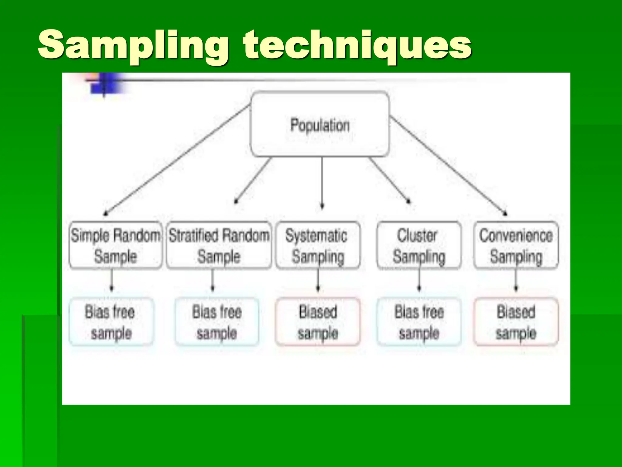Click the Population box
320,125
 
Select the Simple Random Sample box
115,245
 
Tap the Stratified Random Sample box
219,245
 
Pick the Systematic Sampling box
318,245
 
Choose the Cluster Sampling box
419,245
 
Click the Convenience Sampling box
516,245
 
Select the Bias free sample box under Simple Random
111,322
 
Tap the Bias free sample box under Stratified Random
217,322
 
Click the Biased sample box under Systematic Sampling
318,322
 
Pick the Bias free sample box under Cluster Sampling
419,322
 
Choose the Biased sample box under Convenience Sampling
516,322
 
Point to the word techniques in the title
357,46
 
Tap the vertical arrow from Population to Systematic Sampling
322,182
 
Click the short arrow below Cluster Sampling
419,280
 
